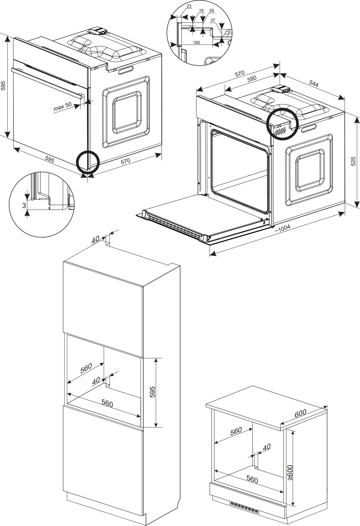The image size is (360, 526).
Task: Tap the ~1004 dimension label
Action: (283, 228)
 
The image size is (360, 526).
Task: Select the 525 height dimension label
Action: (353, 161)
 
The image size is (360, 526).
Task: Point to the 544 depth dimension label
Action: (314, 84)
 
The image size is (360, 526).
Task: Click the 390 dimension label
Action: (252, 79)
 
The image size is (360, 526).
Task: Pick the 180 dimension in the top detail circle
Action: (196, 43)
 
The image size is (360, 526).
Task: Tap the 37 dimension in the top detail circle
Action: (213, 20)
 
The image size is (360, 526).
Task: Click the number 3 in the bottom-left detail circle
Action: (24, 206)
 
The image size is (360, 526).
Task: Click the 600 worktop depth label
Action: (300, 414)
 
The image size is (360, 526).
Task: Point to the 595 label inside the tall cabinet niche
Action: (152, 392)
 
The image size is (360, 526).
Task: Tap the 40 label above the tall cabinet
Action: (95, 240)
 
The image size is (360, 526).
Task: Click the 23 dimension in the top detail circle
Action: (189, 6)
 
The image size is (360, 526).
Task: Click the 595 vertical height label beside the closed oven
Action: (3, 86)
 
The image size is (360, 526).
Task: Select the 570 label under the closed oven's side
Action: (125, 161)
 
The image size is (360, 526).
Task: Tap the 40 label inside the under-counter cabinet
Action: (266, 447)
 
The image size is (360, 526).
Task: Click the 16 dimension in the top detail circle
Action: (201, 10)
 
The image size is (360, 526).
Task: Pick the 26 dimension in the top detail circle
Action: (211, 10)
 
